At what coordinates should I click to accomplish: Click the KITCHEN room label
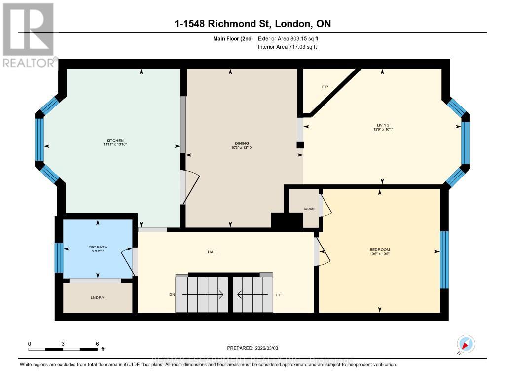coord(113,140)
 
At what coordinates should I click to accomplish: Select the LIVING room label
coord(382,125)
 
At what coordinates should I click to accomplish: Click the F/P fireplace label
coord(325,87)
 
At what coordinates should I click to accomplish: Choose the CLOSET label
coord(310,209)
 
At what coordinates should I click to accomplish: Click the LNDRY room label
coord(97,298)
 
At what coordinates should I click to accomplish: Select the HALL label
coord(212,252)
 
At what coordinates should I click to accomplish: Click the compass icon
coord(466,344)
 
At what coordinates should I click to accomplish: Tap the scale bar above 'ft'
coord(63,349)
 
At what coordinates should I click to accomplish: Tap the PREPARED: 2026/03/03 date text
coord(253,347)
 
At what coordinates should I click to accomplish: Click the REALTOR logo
coord(29,35)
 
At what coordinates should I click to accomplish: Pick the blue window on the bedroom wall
coord(444,259)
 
